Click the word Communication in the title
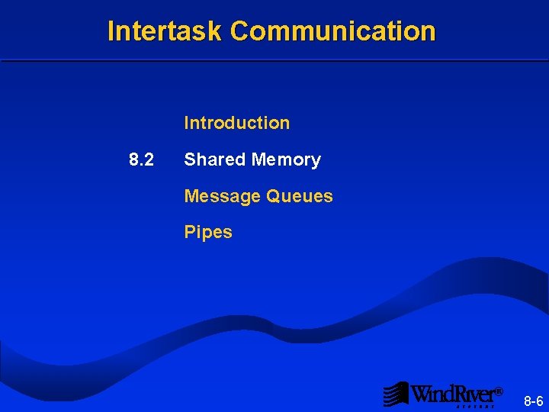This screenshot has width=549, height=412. click(332, 31)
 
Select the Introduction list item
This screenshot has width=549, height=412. click(236, 123)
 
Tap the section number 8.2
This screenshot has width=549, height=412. click(141, 160)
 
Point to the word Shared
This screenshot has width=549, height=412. click(214, 160)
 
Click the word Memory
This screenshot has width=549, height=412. click(286, 160)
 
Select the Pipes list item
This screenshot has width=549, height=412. click(207, 232)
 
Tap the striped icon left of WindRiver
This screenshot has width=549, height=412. click(396, 394)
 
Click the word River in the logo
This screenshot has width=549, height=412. click(475, 394)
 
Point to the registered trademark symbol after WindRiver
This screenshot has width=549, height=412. click(499, 391)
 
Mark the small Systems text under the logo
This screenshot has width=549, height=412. click(477, 407)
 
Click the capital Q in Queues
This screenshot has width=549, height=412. click(273, 196)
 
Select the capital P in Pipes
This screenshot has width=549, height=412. click(189, 232)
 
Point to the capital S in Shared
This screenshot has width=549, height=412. click(190, 160)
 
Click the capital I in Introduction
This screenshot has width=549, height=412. click(187, 123)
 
